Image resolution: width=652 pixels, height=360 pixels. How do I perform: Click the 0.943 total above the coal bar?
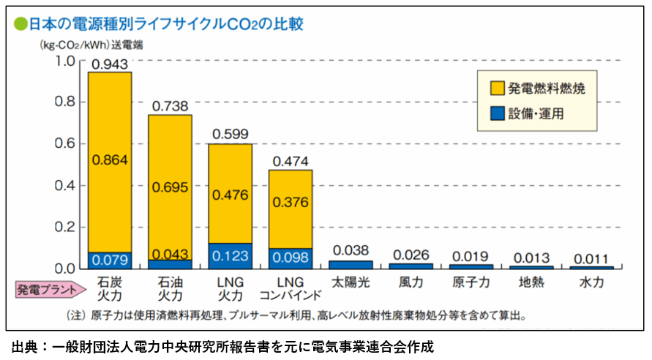(110, 64)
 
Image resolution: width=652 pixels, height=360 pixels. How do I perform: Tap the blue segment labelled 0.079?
(110, 260)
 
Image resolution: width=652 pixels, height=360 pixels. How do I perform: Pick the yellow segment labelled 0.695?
(170, 187)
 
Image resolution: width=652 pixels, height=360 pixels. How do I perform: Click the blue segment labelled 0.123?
(231, 255)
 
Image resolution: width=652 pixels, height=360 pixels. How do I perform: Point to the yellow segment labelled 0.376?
(291, 202)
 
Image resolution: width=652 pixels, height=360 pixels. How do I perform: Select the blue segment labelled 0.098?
(291, 258)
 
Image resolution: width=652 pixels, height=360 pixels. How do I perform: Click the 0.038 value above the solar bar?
(351, 250)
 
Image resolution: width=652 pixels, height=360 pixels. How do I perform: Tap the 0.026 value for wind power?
(411, 254)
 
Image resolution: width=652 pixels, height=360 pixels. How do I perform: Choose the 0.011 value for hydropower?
(591, 258)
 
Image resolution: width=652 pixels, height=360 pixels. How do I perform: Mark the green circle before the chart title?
(19, 23)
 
